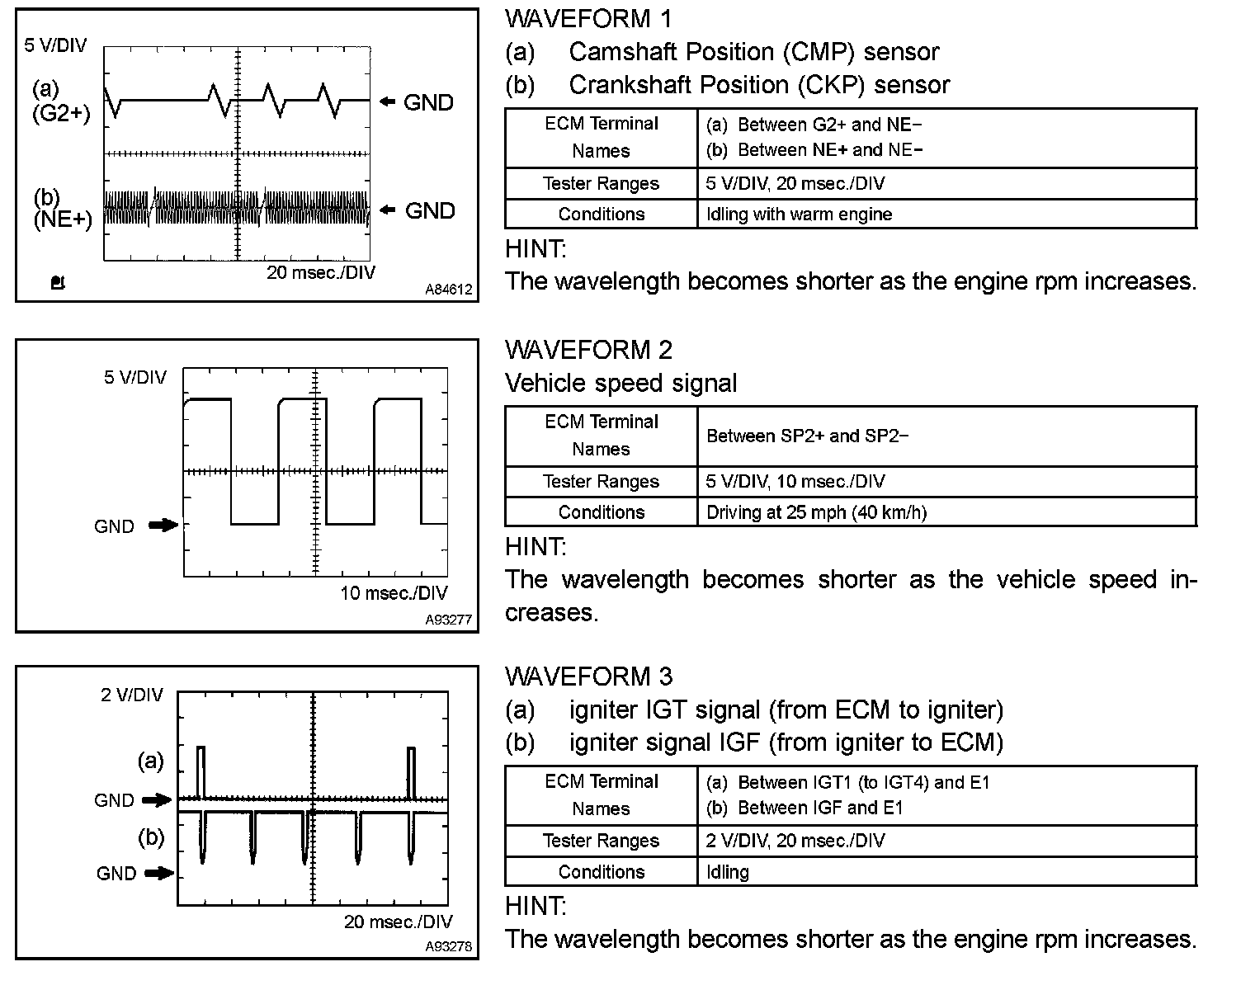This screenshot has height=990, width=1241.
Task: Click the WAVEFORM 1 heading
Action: tap(588, 19)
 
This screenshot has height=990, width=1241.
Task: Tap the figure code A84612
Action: tap(449, 290)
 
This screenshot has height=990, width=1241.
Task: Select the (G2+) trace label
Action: tap(61, 114)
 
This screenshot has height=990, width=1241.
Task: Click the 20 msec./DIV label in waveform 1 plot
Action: tap(321, 272)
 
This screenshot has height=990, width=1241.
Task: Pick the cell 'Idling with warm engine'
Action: tap(799, 214)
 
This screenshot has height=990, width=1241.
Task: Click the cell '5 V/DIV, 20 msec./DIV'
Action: tap(795, 184)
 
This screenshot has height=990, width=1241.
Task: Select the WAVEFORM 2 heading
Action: tap(588, 350)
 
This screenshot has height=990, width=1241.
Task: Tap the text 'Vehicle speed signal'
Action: tap(620, 383)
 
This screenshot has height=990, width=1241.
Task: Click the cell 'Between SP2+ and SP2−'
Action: tap(807, 436)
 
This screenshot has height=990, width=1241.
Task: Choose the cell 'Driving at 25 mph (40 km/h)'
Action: tap(816, 512)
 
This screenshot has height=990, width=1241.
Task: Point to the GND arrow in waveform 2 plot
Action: tap(163, 525)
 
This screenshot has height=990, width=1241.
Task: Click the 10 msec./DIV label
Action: tap(394, 593)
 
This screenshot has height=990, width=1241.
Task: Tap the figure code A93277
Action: tap(449, 620)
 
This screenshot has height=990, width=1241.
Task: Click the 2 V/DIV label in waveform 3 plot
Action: tap(132, 695)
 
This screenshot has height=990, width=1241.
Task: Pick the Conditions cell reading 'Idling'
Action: tap(728, 872)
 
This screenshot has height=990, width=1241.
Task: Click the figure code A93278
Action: tap(449, 946)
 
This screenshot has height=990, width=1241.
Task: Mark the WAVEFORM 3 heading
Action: tap(588, 676)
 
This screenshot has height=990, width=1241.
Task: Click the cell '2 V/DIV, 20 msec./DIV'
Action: tap(795, 841)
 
